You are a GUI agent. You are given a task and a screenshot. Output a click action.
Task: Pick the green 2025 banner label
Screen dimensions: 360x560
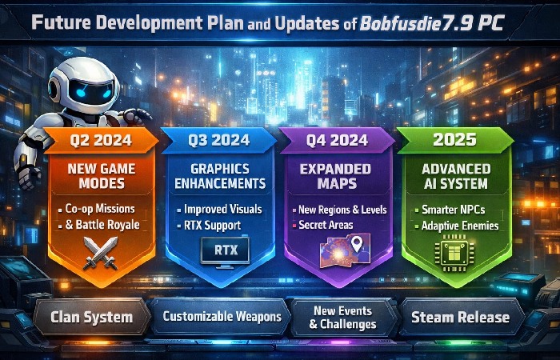pyautogui.click(x=454, y=142)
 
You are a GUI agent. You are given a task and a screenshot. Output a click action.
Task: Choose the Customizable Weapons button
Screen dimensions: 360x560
pyautogui.click(x=222, y=317)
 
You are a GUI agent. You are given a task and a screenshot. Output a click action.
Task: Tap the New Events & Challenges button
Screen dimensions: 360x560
pyautogui.click(x=342, y=318)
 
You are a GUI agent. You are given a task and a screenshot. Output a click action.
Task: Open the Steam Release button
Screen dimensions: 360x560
pyautogui.click(x=460, y=317)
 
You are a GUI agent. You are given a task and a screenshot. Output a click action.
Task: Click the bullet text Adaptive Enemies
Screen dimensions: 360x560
pyautogui.click(x=459, y=226)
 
